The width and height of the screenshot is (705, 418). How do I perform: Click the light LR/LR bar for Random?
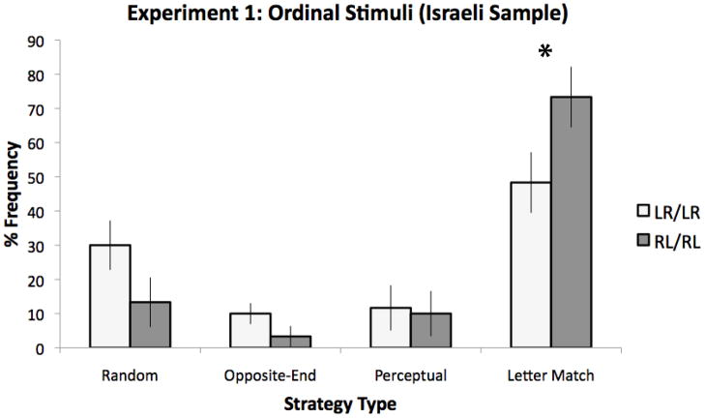click(110, 296)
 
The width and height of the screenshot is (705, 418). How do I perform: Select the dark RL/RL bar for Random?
click(150, 325)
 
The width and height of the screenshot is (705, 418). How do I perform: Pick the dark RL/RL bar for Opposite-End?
click(289, 342)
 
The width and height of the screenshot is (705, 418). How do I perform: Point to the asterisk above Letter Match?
click(545, 53)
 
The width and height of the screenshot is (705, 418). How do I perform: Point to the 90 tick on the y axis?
click(40, 41)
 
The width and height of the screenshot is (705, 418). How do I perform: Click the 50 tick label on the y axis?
click(40, 177)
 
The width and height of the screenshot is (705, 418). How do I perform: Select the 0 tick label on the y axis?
click(44, 348)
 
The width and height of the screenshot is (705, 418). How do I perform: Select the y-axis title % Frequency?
click(15, 194)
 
